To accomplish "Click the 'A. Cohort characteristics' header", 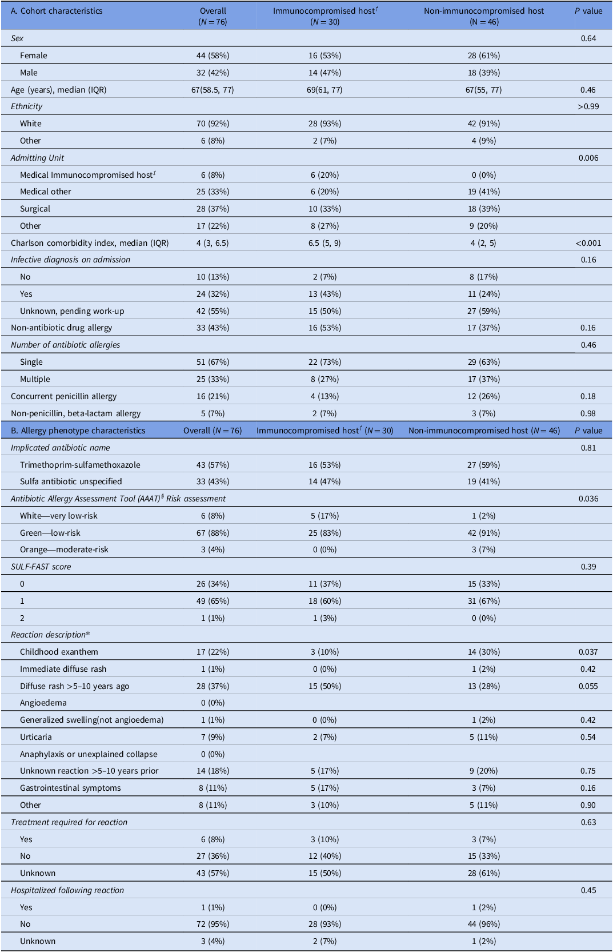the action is (x=57, y=11).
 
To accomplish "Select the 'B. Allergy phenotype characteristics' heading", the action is (x=78, y=431).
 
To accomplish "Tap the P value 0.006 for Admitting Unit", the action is (x=588, y=158).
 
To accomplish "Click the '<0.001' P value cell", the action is (x=588, y=243).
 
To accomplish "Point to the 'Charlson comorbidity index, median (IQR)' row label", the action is (x=90, y=243).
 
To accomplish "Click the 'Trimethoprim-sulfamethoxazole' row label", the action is (x=80, y=465).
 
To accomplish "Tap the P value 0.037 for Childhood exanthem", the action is (x=589, y=652).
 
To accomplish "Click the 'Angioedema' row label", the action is (x=43, y=703).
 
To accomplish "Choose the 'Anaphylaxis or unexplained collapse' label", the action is (x=89, y=754).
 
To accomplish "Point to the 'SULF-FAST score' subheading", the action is (x=41, y=567).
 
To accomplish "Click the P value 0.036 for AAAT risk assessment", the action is (x=588, y=499).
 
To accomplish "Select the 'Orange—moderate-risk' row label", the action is (x=64, y=549).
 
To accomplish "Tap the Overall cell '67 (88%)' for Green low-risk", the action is (x=213, y=533).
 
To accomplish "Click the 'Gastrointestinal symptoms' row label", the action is (x=70, y=788).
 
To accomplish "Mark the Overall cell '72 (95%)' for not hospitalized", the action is (x=213, y=924).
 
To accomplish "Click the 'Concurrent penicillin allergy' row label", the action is (x=63, y=397).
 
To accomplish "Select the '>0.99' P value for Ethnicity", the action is (x=588, y=106).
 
